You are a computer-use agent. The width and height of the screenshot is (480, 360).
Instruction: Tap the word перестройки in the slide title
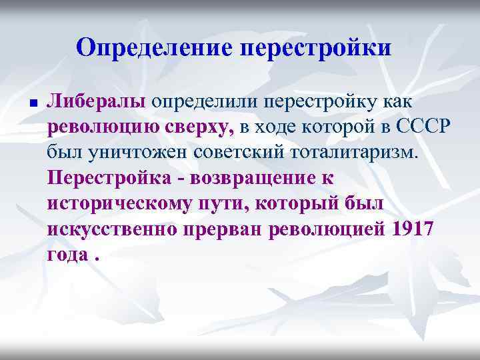point(315,49)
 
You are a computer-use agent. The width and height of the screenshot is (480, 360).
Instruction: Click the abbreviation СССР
point(402,127)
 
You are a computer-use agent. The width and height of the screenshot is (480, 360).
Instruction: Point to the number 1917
point(413,229)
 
